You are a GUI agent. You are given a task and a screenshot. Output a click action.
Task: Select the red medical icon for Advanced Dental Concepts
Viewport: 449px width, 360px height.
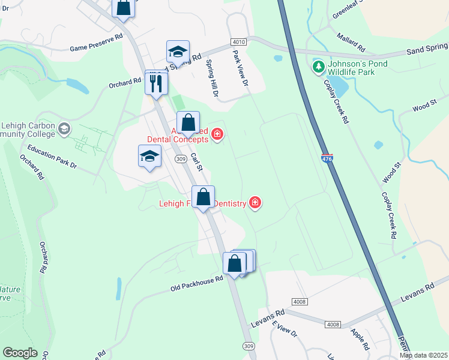click(217, 134)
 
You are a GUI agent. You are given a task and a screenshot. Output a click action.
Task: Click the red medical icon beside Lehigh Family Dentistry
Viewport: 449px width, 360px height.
click(255, 203)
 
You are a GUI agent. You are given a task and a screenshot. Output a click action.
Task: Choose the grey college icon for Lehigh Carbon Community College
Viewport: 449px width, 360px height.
click(64, 128)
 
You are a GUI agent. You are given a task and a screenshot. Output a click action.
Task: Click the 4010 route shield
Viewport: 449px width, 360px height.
click(238, 41)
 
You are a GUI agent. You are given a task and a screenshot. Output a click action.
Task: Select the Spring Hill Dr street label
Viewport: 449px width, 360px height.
click(212, 79)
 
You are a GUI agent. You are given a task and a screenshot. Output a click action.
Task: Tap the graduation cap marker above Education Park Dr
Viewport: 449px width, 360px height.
click(149, 157)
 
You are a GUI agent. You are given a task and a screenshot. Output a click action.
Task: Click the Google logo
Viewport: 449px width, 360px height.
click(20, 353)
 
